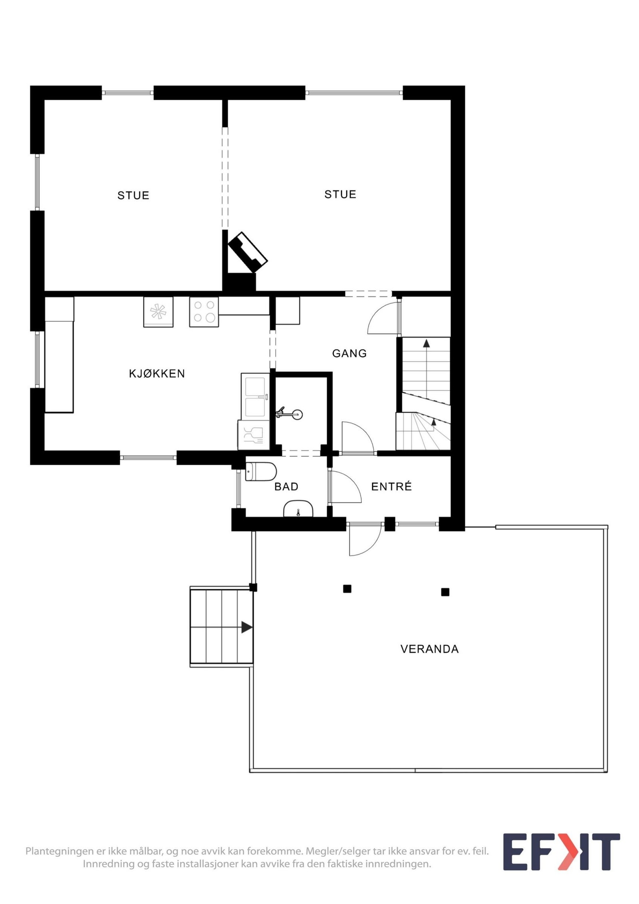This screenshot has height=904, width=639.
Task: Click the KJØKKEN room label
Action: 157,374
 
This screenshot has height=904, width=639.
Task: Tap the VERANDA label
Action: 429,649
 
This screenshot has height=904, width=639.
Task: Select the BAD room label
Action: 286,486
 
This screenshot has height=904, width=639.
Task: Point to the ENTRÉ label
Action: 391,486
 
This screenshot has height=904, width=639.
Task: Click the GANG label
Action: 349,353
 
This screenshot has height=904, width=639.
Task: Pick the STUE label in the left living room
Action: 133,195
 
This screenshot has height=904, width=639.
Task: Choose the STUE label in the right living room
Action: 340,194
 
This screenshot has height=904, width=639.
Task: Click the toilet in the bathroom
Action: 260,472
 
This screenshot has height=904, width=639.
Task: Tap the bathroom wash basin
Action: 298,510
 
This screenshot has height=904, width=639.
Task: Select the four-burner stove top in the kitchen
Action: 204,312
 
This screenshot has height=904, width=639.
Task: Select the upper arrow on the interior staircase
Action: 426,343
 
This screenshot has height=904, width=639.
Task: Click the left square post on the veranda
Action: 347,589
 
